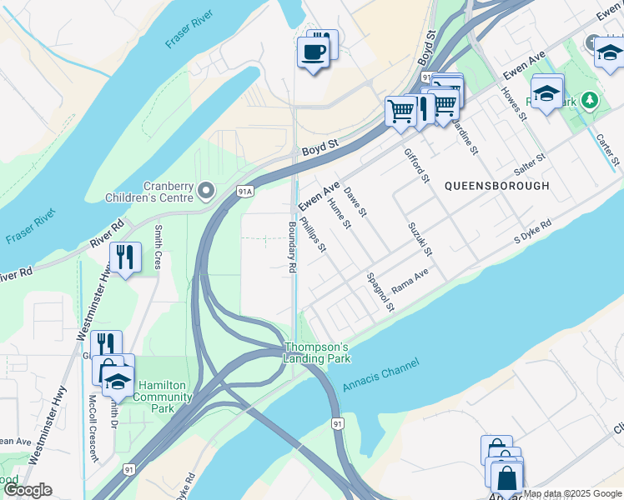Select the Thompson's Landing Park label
pos(317,352)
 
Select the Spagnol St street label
pos(379,292)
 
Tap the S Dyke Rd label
pos(532,231)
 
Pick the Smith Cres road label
pos(158,246)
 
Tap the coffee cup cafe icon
pos(314,52)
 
